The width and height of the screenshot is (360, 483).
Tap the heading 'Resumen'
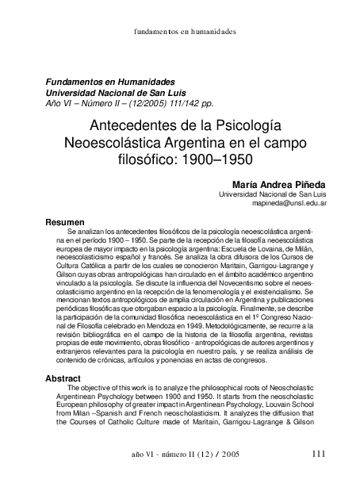[x=63, y=221]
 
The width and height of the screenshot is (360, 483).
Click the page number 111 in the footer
[x=319, y=454]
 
